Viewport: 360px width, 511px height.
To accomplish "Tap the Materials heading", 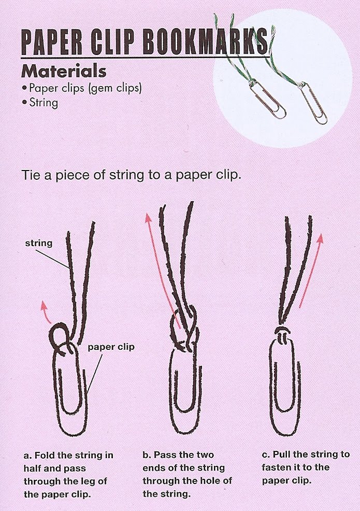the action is [x=64, y=71].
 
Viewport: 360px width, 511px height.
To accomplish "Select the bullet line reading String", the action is [x=40, y=103].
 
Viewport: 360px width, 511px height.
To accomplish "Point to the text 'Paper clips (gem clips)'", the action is [x=82, y=89].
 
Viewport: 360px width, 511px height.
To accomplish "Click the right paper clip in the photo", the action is [x=313, y=104].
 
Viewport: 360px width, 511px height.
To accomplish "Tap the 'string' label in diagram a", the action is [x=39, y=243].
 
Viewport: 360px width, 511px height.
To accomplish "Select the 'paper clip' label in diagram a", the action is [x=111, y=347].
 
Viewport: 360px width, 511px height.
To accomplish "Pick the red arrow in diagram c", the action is [x=311, y=270].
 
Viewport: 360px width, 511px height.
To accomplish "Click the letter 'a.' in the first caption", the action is [x=27, y=455].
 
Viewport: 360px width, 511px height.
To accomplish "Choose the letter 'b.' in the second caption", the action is [x=147, y=455].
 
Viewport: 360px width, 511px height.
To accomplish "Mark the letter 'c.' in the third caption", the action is [x=266, y=455].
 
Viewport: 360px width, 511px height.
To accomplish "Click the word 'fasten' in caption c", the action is [x=275, y=467].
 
